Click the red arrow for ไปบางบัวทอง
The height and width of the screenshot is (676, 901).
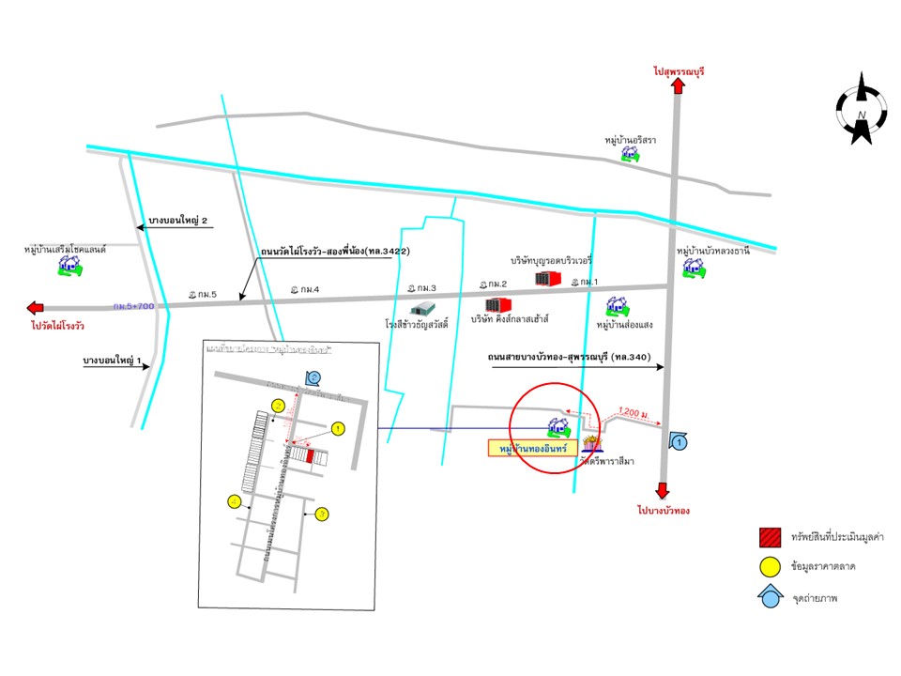(x=663, y=491)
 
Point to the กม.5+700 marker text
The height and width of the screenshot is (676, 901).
(x=133, y=306)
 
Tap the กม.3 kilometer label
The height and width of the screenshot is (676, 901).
(x=422, y=287)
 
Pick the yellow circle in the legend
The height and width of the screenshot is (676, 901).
(x=771, y=566)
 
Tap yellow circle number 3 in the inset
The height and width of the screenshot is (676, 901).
(x=322, y=514)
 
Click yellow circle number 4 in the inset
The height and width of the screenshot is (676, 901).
(x=235, y=502)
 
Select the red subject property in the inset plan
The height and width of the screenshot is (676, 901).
(x=310, y=455)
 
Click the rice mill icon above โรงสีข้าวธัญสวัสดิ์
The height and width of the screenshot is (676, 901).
(x=423, y=307)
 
